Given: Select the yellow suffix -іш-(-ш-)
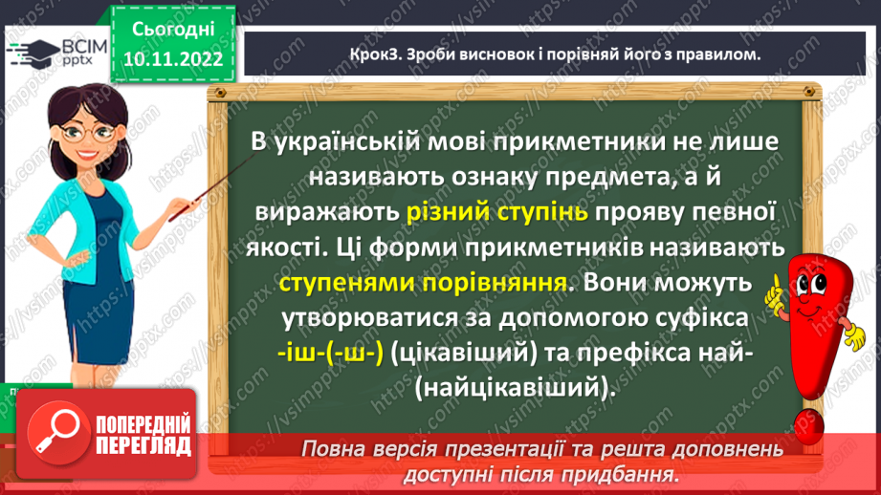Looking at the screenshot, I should pos(326,352).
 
